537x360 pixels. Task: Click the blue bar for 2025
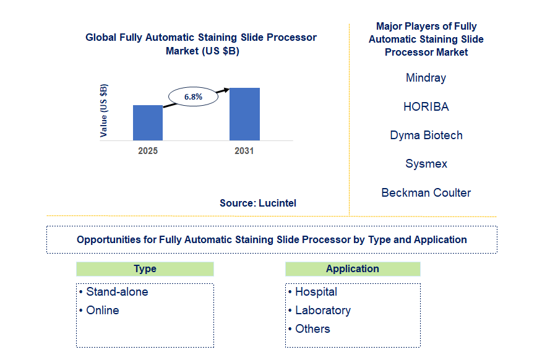pos(148,122)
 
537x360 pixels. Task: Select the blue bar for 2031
pos(244,114)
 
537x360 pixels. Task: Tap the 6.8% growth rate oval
pos(193,96)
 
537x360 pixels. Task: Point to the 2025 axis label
pos(148,151)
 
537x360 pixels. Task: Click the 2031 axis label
pos(244,151)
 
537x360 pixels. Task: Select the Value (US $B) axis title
pos(103,111)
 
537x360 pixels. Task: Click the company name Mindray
pos(426,78)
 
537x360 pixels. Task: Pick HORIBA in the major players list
pos(426,106)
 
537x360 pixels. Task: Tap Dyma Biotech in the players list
pos(426,135)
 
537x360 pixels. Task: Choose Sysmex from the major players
pos(426,164)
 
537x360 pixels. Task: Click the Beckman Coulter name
pos(426,192)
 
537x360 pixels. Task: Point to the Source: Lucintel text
pos(258,203)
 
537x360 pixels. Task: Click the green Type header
pos(145,269)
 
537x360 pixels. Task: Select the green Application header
pos(353,269)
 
